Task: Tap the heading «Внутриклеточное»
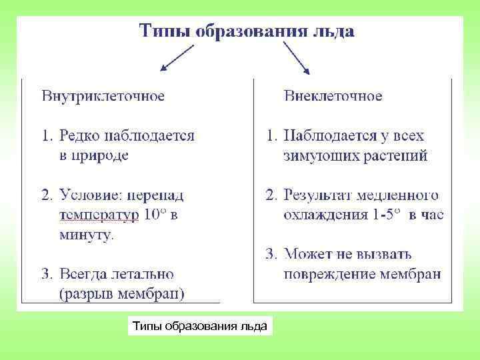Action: point(103,96)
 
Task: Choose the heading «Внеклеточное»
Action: point(333,96)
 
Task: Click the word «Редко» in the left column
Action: point(79,136)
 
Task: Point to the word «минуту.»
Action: point(87,235)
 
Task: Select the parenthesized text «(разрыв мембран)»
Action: point(122,293)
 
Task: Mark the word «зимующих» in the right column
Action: point(317,156)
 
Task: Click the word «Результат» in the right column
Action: point(316,195)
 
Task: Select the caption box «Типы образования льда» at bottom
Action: point(199,326)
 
